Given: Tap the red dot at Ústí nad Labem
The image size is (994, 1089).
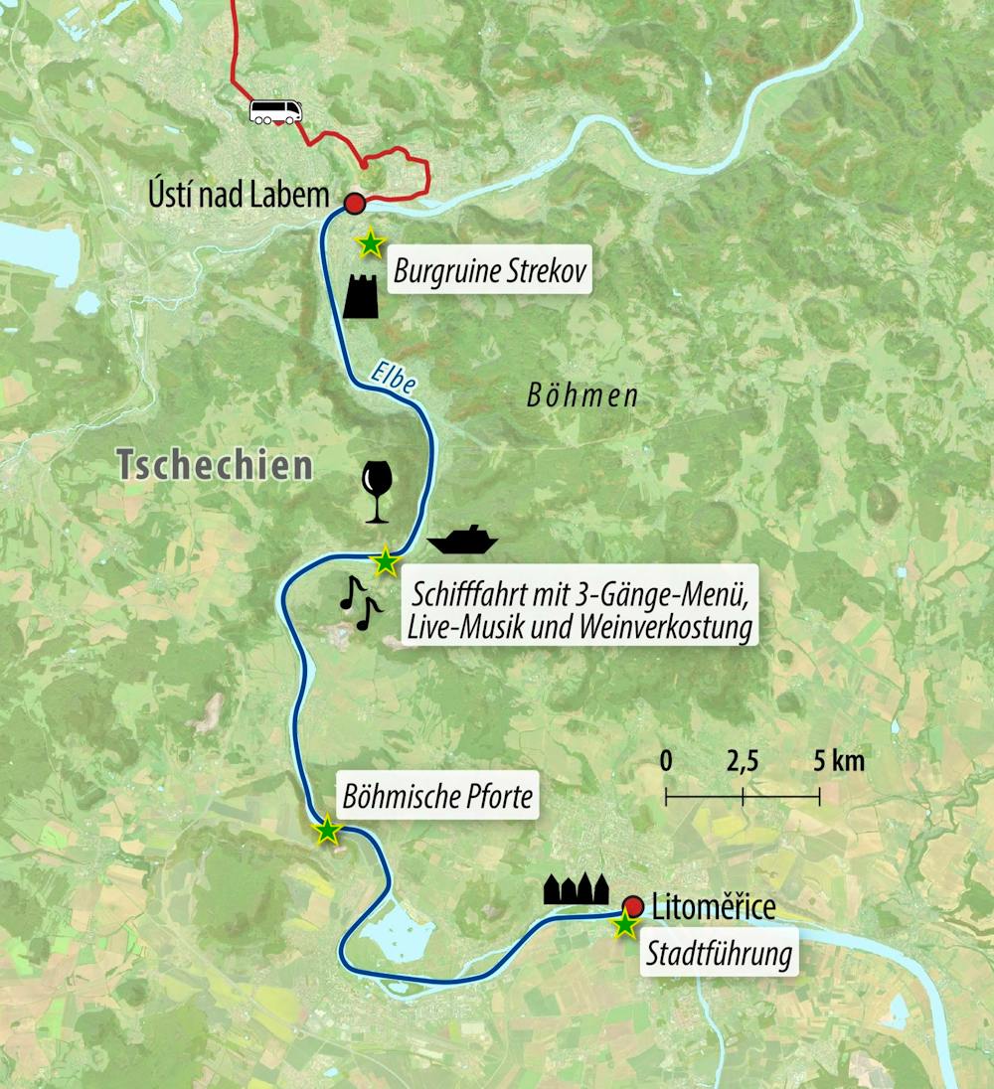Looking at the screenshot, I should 353,204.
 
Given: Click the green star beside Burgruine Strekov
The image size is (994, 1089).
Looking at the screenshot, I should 370,241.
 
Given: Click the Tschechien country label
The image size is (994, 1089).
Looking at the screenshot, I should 214,464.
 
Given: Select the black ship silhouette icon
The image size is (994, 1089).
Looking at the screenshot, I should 461,540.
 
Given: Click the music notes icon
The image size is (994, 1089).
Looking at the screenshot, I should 358,601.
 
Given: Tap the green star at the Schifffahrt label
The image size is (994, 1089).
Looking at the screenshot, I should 384,562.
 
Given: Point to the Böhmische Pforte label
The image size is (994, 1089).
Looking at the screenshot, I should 438,796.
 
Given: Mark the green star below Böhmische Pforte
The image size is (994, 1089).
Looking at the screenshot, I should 326,831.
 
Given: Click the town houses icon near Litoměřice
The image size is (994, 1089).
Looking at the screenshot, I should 577,889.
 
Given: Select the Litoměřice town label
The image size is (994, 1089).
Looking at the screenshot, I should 713,906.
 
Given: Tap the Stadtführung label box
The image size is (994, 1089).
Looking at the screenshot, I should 719,955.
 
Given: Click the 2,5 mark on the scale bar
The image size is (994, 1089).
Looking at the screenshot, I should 743,762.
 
